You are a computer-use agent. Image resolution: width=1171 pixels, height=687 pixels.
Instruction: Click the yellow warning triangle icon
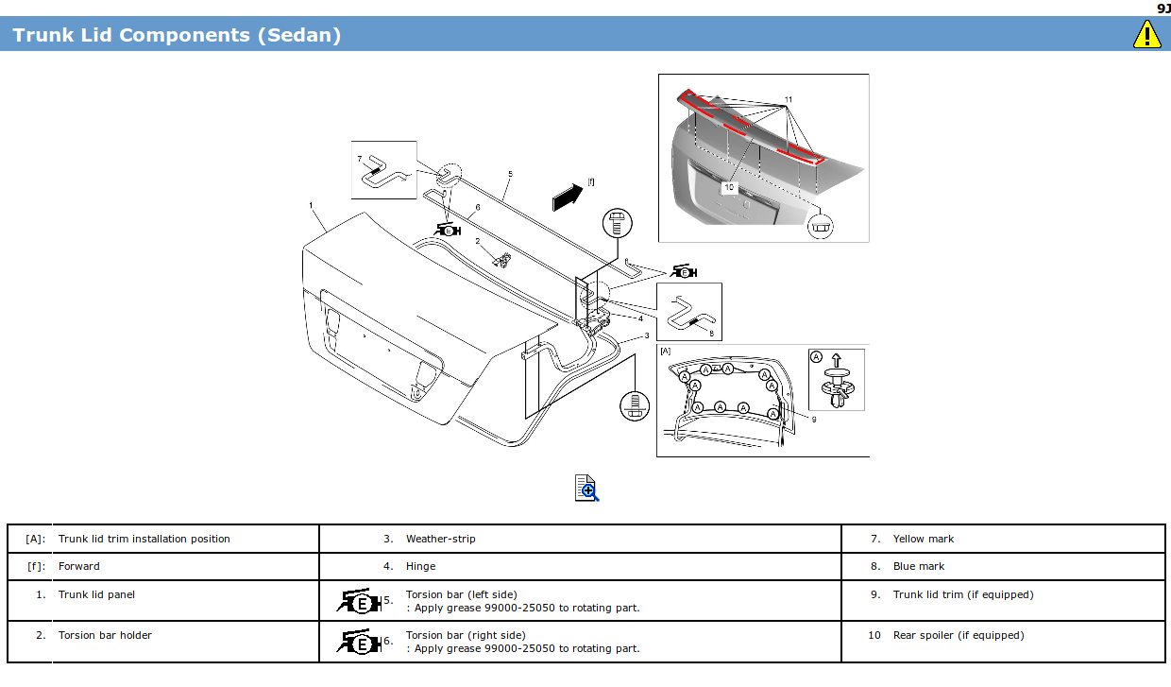(x=1146, y=35)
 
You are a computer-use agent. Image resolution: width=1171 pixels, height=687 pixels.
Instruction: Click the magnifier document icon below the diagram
(x=586, y=488)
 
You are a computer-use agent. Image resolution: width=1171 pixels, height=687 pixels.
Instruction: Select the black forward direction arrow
(x=569, y=196)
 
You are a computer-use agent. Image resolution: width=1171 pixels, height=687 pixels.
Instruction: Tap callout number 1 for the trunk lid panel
(x=311, y=205)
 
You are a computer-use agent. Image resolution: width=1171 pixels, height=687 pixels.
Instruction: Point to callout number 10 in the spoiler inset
(x=729, y=188)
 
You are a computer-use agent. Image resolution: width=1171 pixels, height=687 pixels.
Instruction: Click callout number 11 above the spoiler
(x=789, y=99)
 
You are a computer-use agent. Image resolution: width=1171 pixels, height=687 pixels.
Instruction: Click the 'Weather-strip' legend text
(x=441, y=539)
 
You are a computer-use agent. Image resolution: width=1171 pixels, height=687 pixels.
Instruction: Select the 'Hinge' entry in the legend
(x=421, y=566)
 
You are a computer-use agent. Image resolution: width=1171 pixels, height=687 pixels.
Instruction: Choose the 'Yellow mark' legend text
(x=924, y=539)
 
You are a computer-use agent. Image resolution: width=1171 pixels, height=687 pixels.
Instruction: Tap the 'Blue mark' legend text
(x=919, y=566)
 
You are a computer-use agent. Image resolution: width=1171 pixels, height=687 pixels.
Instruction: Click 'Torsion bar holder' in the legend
(x=105, y=635)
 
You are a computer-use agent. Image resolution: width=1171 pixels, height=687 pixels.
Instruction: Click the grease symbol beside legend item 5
(x=359, y=601)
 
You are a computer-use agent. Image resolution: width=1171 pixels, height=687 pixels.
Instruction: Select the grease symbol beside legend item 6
(x=359, y=642)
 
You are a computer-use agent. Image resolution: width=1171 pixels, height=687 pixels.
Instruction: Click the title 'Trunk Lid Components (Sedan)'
(x=177, y=35)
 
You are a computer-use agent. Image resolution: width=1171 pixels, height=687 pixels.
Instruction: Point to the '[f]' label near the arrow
(x=591, y=181)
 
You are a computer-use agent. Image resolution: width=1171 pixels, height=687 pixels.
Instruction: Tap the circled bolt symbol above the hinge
(x=616, y=224)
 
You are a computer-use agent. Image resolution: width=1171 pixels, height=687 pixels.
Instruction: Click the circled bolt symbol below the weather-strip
(x=635, y=405)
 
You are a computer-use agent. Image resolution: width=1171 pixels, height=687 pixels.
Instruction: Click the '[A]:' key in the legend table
(x=34, y=539)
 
